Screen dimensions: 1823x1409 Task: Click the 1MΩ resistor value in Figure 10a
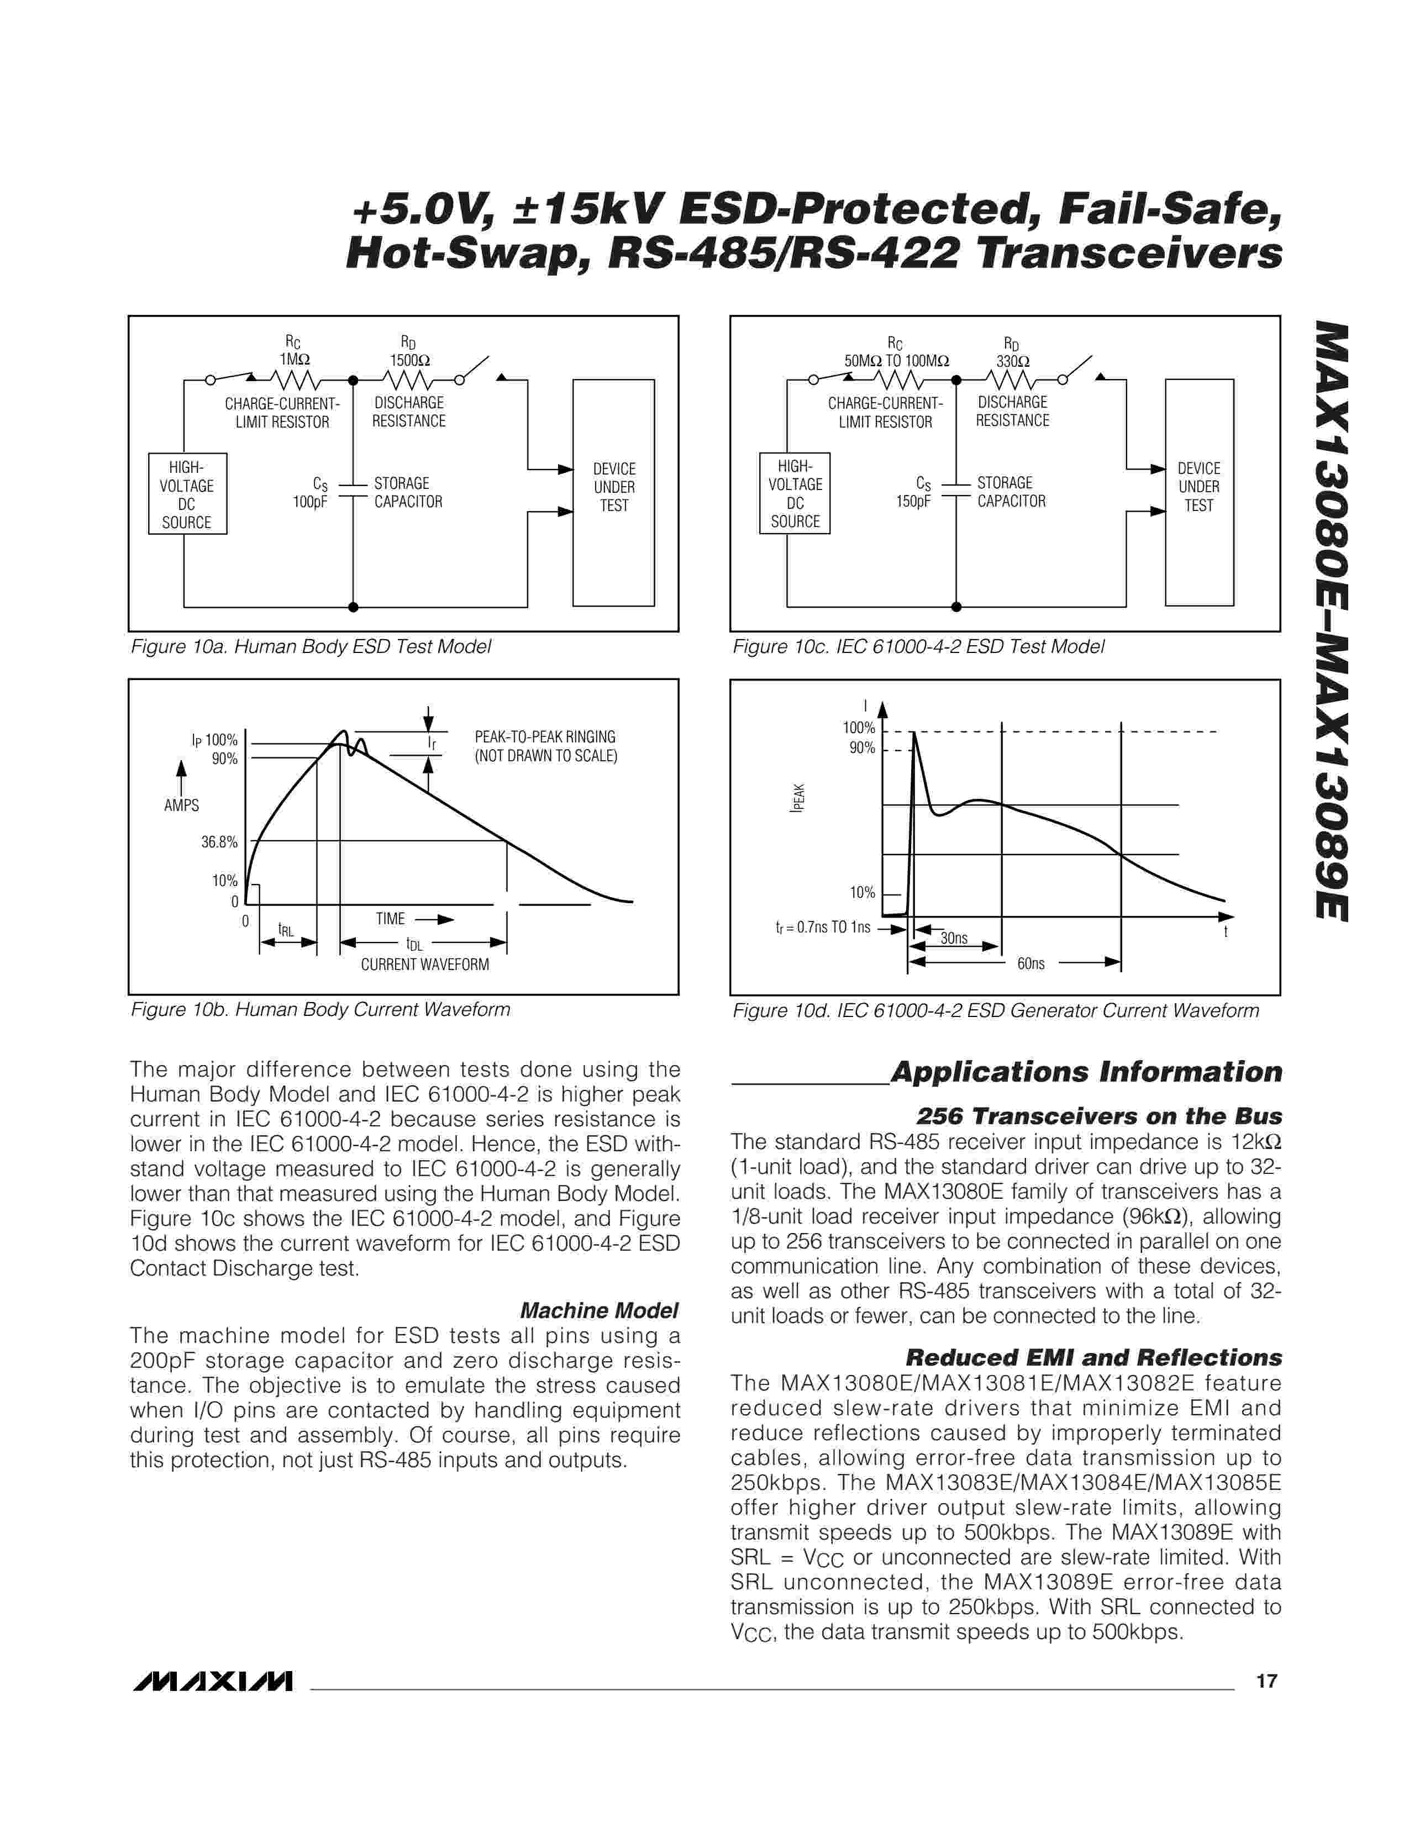click(294, 360)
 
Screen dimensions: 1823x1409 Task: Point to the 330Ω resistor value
click(1012, 361)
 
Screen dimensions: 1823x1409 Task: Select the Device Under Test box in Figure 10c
click(1198, 492)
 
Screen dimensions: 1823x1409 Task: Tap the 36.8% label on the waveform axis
click(219, 842)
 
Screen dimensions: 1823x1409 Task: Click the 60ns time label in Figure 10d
click(1031, 963)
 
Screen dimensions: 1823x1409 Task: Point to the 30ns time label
click(954, 938)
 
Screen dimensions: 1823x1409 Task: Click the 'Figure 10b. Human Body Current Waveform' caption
click(320, 1010)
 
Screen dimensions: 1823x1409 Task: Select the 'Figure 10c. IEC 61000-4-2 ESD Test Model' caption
click(918, 647)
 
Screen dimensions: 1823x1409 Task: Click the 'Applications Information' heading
click(1086, 1072)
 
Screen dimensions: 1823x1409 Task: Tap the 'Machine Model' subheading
click(598, 1310)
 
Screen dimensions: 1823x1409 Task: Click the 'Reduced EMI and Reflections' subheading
click(1093, 1358)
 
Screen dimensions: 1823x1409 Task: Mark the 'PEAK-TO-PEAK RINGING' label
click(545, 737)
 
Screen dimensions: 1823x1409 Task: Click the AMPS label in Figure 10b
click(181, 805)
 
